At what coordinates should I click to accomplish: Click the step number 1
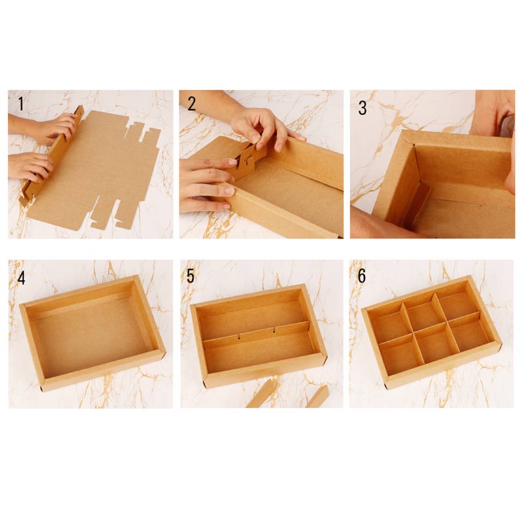(21, 104)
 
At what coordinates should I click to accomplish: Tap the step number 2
(192, 104)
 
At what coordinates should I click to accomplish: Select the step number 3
(363, 108)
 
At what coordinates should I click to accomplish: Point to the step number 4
(22, 277)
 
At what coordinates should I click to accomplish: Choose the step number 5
(190, 276)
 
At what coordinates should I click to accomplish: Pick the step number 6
(362, 276)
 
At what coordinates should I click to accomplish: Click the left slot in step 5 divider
(239, 336)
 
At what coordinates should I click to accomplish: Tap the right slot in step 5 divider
(274, 330)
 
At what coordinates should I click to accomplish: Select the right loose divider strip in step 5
(317, 396)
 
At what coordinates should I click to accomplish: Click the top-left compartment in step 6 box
(387, 325)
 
